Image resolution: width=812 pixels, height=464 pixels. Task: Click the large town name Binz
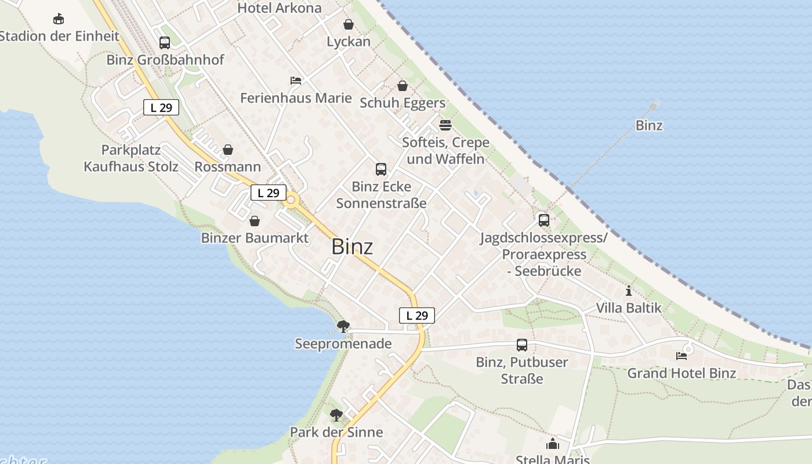tap(352, 246)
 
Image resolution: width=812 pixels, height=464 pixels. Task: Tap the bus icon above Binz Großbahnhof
tap(165, 42)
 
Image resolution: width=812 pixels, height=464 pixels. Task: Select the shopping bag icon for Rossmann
tap(228, 150)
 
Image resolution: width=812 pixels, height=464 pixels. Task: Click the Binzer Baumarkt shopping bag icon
tap(254, 221)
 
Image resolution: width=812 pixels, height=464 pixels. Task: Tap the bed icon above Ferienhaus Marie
tap(296, 80)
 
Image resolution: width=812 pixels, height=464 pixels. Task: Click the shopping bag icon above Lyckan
tap(349, 24)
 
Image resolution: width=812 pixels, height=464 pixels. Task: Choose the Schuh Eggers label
tap(403, 103)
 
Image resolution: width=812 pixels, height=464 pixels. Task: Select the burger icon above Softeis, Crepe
tap(445, 125)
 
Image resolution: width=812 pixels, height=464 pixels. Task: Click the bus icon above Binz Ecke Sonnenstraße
tap(381, 169)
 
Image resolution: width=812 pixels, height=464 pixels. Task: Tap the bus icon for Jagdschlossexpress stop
tap(543, 220)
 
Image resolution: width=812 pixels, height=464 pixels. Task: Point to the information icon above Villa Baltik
tap(629, 291)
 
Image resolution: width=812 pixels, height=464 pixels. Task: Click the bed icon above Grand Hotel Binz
tap(681, 356)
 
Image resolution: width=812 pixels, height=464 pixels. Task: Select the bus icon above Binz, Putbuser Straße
tap(522, 345)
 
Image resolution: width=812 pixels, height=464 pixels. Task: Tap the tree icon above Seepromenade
tap(343, 326)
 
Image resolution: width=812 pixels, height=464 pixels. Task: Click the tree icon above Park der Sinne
tap(336, 415)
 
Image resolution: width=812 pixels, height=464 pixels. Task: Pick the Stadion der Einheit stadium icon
tap(59, 19)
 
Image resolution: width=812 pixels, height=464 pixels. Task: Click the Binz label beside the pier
tap(649, 125)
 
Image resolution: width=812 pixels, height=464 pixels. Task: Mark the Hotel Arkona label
tap(280, 8)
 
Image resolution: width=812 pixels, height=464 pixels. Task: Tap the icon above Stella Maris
tap(552, 444)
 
